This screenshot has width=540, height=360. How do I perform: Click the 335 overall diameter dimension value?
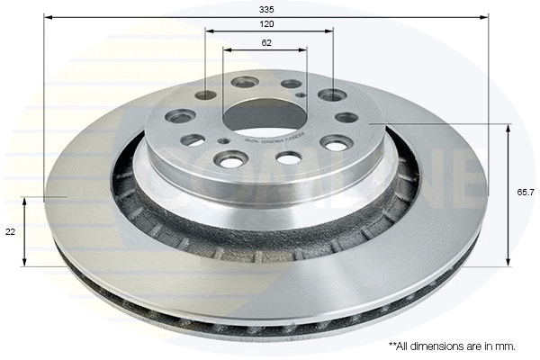coord(266,8)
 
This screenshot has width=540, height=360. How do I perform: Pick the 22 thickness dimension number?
coord(11,231)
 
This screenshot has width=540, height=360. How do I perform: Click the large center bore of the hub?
coord(265,114)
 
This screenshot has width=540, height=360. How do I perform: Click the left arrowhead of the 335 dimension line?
coord(48,17)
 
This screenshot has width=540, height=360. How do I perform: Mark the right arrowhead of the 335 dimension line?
coord(485,17)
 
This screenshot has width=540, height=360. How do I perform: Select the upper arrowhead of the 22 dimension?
coord(25,200)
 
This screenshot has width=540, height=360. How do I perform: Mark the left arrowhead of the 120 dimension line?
coord(209,31)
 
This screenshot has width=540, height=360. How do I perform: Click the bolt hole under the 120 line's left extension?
coord(206,94)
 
